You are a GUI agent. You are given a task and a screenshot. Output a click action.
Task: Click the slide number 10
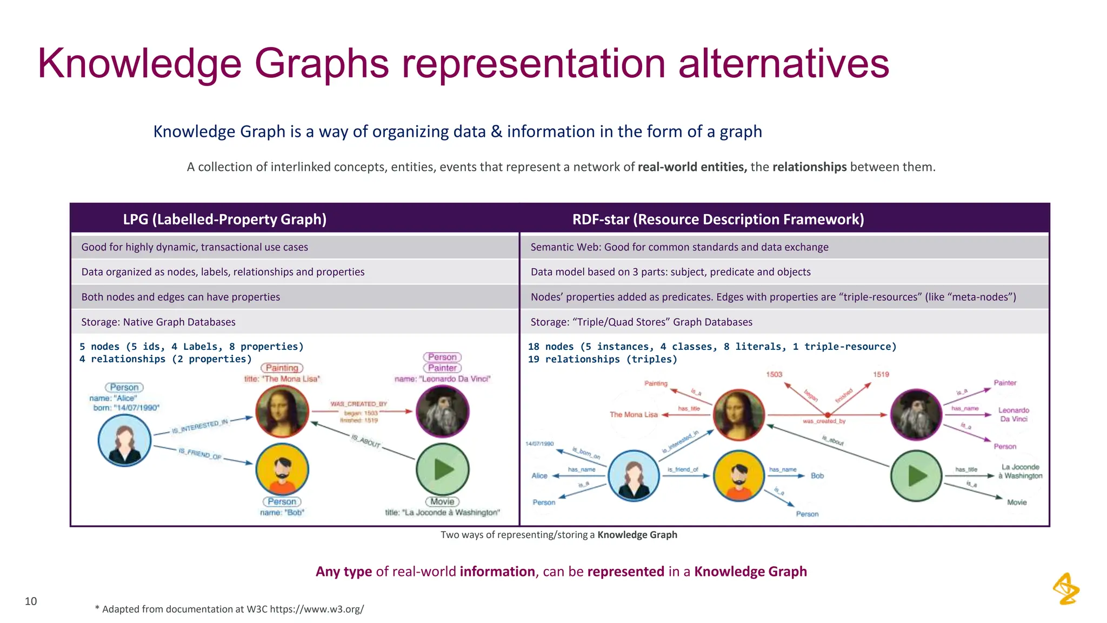(31, 601)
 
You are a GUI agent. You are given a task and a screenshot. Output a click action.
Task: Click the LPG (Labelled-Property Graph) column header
(225, 219)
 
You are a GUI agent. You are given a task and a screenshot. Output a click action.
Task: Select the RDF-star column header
(718, 219)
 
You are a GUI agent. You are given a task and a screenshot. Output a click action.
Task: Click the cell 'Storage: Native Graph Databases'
(158, 322)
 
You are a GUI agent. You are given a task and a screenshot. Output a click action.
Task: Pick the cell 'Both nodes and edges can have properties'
(181, 297)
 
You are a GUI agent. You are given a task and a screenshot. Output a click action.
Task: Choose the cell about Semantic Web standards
(679, 247)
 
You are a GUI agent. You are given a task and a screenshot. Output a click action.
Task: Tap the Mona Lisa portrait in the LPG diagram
(282, 411)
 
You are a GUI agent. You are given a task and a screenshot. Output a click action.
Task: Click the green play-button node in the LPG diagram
(443, 469)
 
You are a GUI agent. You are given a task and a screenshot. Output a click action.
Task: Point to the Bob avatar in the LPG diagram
(282, 469)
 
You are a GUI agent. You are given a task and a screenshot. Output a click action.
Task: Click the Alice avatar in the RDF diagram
(633, 476)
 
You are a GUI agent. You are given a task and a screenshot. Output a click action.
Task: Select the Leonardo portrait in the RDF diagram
(916, 415)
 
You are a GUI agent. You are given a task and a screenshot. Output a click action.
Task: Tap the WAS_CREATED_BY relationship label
(359, 404)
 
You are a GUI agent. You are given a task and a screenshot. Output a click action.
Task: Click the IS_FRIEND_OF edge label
(200, 454)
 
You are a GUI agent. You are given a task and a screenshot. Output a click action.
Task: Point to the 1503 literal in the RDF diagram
(774, 374)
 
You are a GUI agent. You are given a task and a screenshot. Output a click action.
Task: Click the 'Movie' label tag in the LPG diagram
(442, 502)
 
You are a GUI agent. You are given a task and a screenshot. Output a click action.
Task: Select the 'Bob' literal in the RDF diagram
(817, 476)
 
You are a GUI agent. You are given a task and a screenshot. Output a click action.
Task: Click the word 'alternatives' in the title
(783, 63)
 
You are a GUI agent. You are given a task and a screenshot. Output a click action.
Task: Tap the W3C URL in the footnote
(317, 609)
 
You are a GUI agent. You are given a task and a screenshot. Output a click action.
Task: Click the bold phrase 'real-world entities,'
(692, 167)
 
